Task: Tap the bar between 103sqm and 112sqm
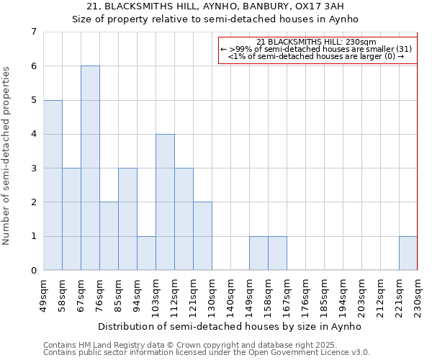pyautogui.click(x=165, y=202)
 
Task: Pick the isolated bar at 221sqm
pyautogui.click(x=408, y=253)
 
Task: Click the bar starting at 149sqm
pyautogui.click(x=258, y=253)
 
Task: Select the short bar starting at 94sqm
pyautogui.click(x=146, y=253)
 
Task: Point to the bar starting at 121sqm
pyautogui.click(x=202, y=236)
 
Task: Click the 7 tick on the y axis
pyautogui.click(x=33, y=32)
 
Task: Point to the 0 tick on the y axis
pyautogui.click(x=33, y=271)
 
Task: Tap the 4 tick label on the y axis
pyautogui.click(x=33, y=134)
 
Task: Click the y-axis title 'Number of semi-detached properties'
pyautogui.click(x=6, y=156)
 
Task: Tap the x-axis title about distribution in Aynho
pyautogui.click(x=230, y=326)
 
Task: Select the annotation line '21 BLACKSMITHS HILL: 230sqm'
pyautogui.click(x=317, y=42)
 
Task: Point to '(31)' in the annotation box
pyautogui.click(x=404, y=48)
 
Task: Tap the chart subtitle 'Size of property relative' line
pyautogui.click(x=215, y=19)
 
